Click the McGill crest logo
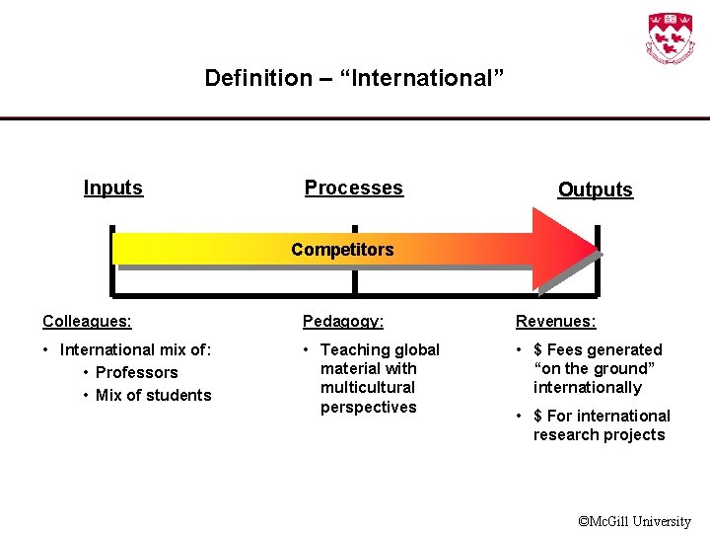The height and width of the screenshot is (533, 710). (670, 38)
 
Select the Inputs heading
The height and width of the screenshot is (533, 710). (113, 188)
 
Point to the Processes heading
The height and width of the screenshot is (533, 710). (354, 188)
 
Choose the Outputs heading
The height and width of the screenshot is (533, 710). (595, 190)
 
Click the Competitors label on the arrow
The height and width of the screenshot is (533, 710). (342, 250)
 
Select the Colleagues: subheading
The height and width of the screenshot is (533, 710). (88, 321)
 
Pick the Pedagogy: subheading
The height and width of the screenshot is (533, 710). (343, 321)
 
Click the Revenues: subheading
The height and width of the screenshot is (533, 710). (555, 321)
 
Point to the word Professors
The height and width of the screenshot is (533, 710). (137, 372)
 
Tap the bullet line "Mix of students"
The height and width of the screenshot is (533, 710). (154, 395)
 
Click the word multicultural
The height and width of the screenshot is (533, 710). (368, 387)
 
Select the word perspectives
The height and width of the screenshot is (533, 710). (369, 407)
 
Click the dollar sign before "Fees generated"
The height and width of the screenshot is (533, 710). (538, 349)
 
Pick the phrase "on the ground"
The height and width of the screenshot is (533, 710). (593, 368)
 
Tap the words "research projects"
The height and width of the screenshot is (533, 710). (600, 434)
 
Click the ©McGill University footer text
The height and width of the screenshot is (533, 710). (634, 521)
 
